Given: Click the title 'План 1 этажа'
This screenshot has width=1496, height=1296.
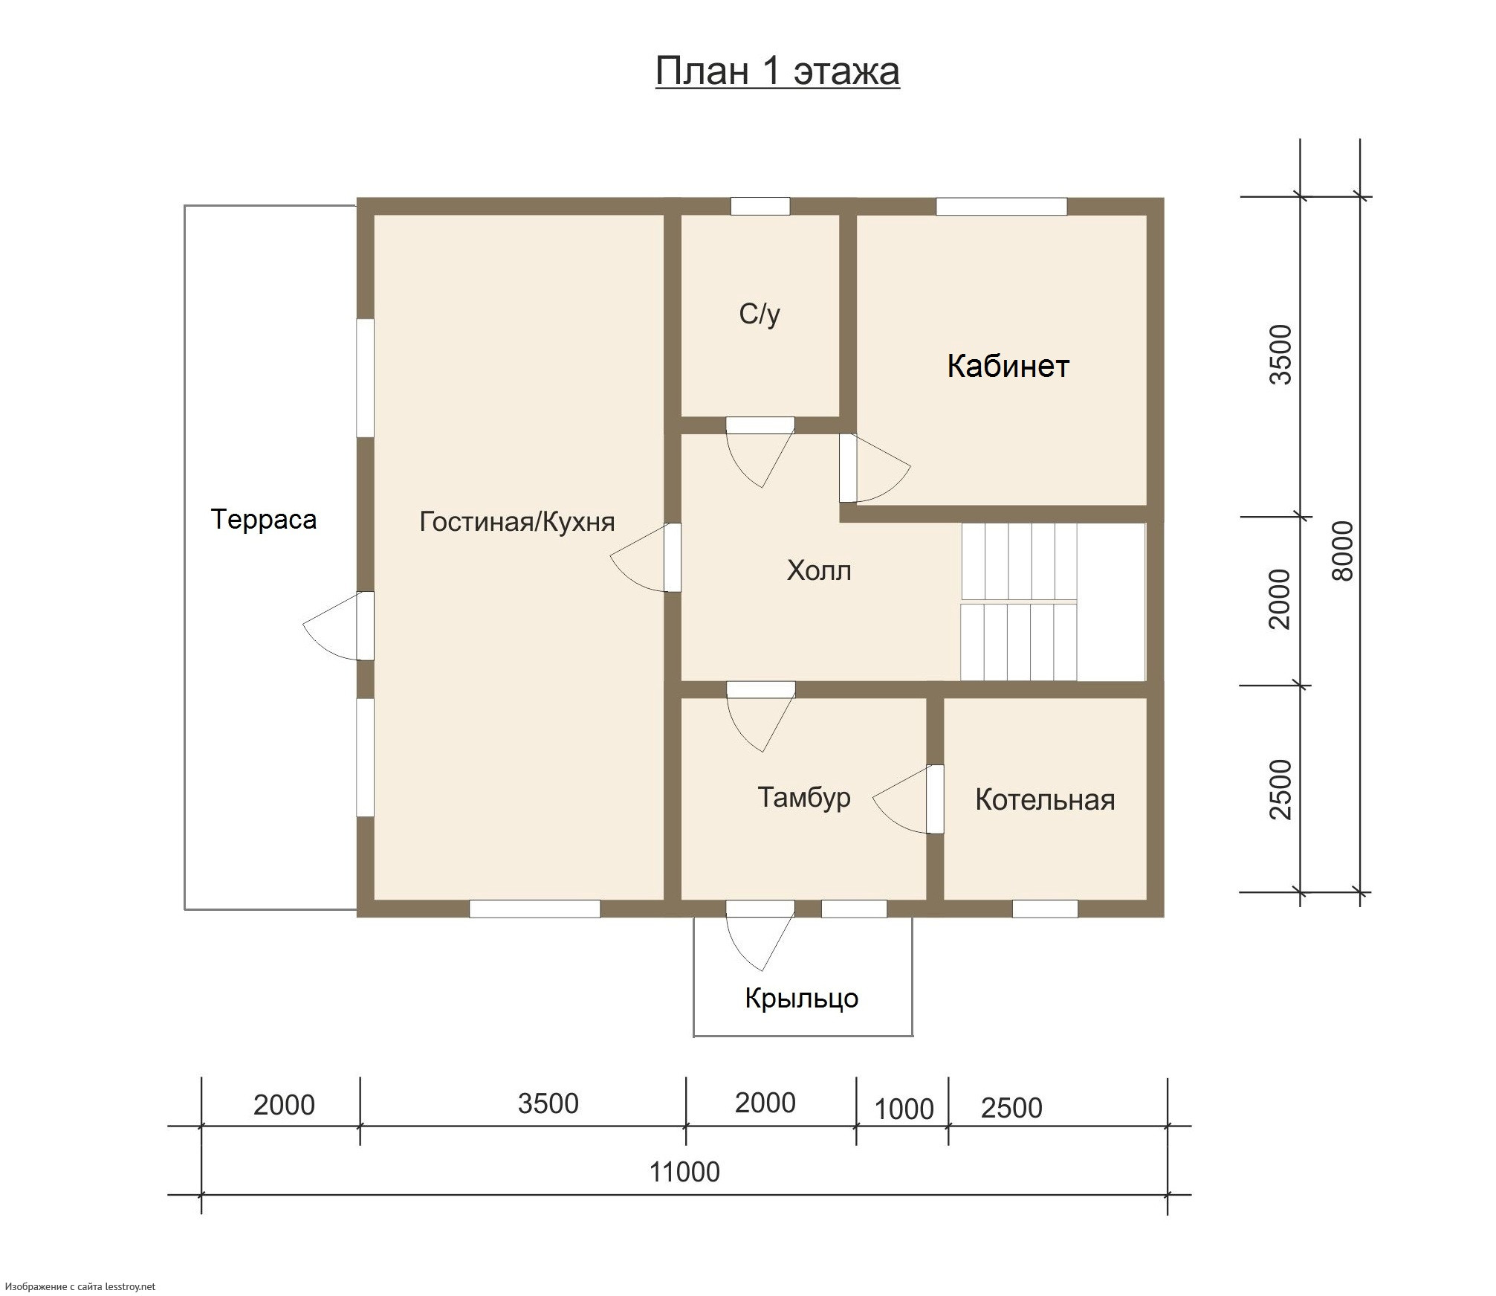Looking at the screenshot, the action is tap(777, 72).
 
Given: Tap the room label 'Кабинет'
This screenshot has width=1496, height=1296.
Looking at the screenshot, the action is tap(1008, 366).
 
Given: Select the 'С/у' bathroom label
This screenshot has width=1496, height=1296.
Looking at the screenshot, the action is tap(760, 315).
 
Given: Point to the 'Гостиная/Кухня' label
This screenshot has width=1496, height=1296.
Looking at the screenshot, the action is tap(517, 522).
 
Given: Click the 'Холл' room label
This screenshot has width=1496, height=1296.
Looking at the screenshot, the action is tap(819, 571).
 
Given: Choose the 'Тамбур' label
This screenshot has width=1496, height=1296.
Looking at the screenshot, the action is tap(804, 798).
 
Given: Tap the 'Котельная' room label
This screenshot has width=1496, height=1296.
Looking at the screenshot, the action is tap(1045, 800).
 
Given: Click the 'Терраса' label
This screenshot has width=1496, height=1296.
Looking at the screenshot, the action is tap(264, 520).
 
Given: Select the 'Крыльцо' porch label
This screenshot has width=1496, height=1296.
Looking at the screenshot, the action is tap(802, 999).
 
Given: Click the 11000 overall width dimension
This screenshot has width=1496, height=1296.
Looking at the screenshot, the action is tap(684, 1173).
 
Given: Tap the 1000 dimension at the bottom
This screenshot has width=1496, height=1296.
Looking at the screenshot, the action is tap(904, 1109).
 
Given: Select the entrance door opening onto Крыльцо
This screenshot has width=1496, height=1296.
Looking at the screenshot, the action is tap(760, 935).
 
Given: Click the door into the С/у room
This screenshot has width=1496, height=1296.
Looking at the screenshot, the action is tap(760, 452).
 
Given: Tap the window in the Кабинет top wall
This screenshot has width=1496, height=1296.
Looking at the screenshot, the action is tap(1001, 206).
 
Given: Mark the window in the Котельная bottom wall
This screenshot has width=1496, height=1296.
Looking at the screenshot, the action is tap(1045, 908).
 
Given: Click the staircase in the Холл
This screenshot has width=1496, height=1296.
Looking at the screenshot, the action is tap(1053, 602).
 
